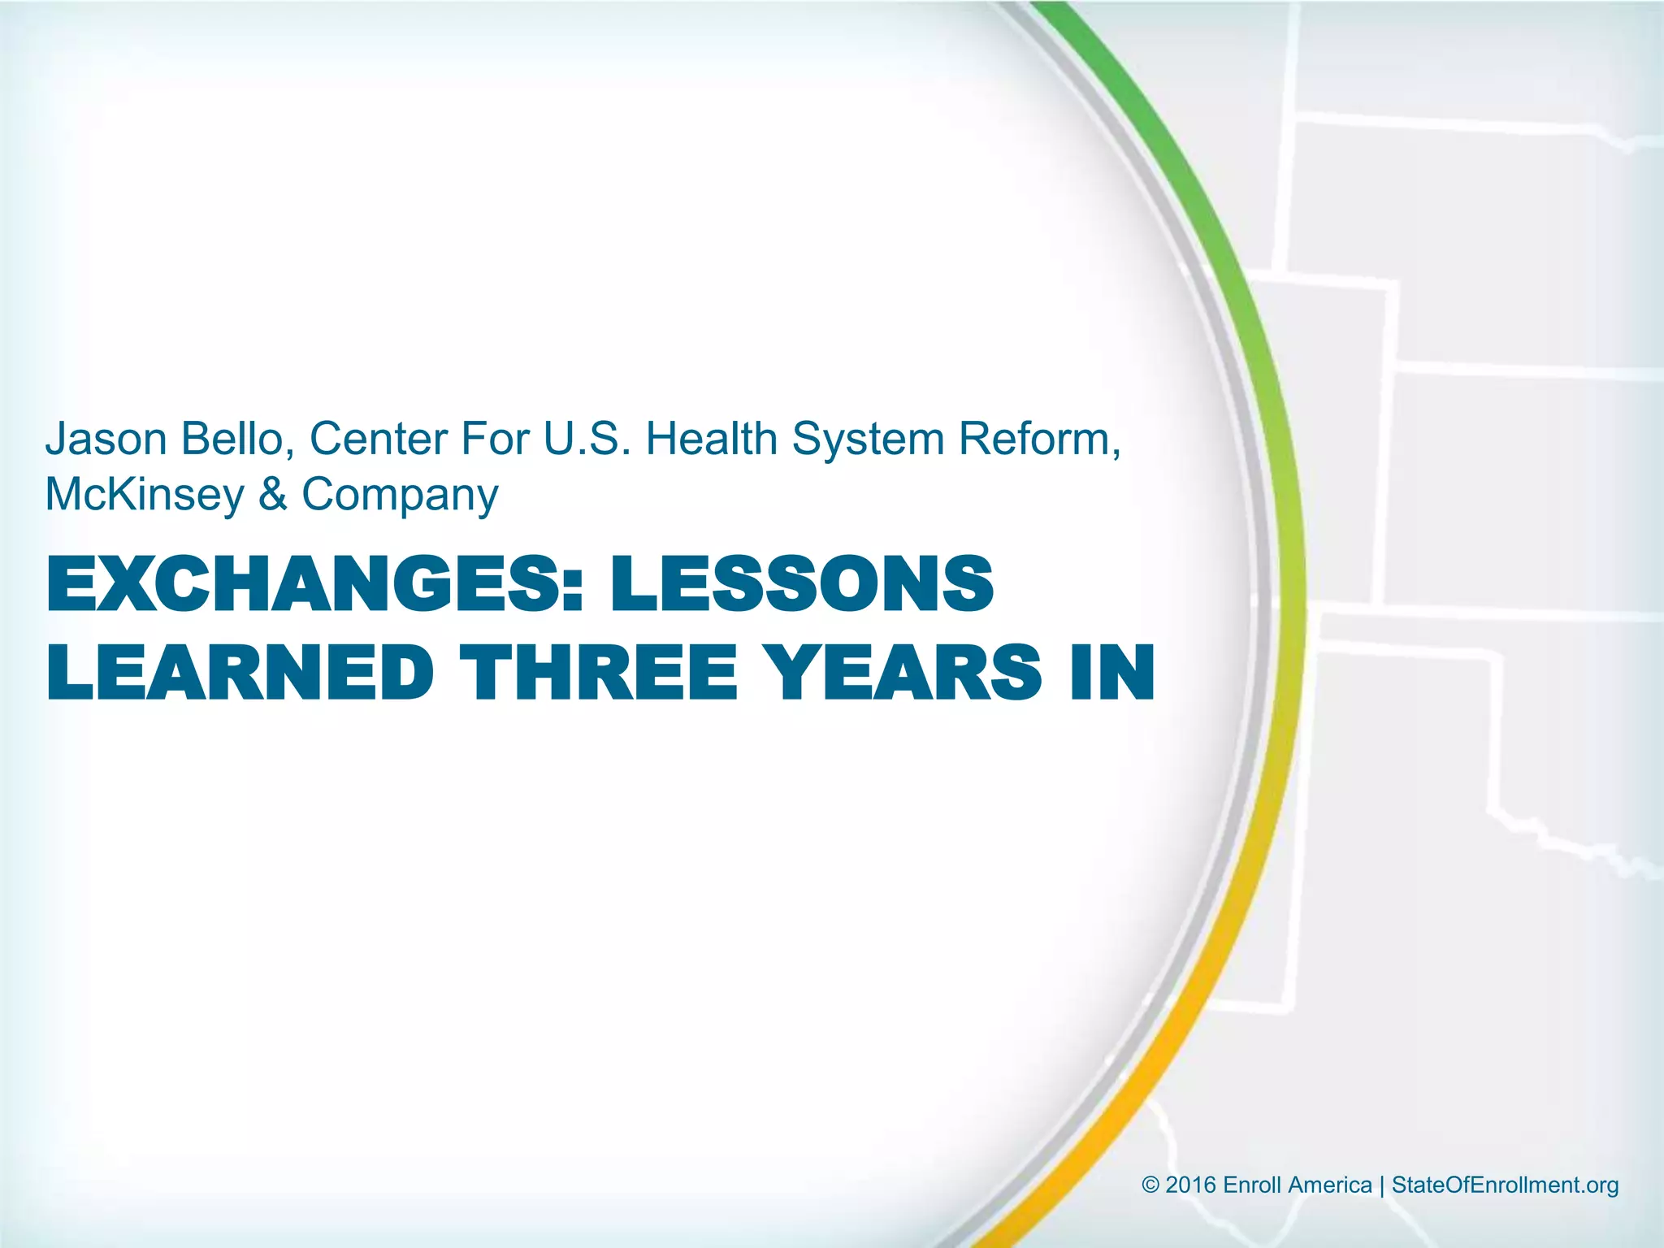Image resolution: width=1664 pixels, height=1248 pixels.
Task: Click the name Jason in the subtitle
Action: (106, 439)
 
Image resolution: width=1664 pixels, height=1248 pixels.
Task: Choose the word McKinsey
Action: (145, 495)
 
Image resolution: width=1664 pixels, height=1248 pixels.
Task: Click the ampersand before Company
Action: (273, 495)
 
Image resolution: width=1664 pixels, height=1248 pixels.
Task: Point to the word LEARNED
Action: (240, 672)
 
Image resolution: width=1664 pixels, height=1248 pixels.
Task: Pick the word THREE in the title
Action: (599, 672)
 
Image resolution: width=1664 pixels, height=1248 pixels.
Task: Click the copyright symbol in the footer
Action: (1150, 1185)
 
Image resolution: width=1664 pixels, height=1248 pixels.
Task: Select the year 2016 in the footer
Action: (1190, 1185)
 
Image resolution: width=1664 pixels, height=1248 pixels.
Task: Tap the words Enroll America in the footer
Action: (1298, 1185)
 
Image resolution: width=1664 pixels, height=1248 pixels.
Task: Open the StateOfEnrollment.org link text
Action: (1505, 1185)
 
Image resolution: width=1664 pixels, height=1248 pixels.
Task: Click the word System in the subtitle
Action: (867, 439)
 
